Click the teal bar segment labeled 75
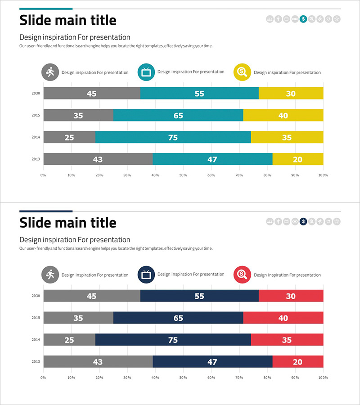pyautogui.click(x=173, y=137)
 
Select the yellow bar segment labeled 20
pyautogui.click(x=297, y=159)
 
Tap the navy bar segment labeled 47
pyautogui.click(x=212, y=361)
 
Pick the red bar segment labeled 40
pyautogui.click(x=283, y=318)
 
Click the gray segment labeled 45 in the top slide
pyautogui.click(x=92, y=93)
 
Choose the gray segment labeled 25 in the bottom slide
pyautogui.click(x=69, y=340)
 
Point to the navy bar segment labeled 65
pyautogui.click(x=178, y=318)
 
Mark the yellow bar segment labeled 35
pyautogui.click(x=287, y=137)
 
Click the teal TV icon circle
pyautogui.click(x=146, y=72)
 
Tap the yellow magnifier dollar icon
pyautogui.click(x=243, y=72)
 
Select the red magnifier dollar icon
pyautogui.click(x=243, y=274)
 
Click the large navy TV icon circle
pyautogui.click(x=146, y=274)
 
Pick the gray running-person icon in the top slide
pyautogui.click(x=50, y=72)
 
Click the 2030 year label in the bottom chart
pyautogui.click(x=36, y=296)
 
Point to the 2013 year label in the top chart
pyautogui.click(x=36, y=159)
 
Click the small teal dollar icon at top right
pyautogui.click(x=303, y=19)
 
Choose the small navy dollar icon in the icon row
pyautogui.click(x=303, y=221)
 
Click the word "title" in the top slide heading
pyautogui.click(x=99, y=20)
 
